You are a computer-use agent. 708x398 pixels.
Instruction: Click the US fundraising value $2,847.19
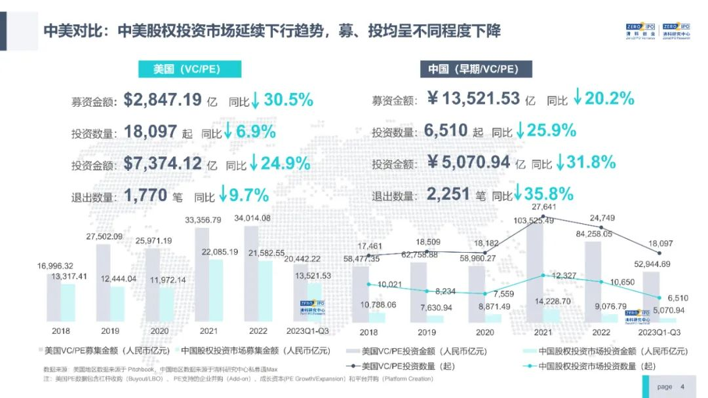(162, 100)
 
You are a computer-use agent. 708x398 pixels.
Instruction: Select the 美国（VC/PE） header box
(189, 69)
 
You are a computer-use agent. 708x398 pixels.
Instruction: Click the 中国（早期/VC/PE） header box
(476, 69)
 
